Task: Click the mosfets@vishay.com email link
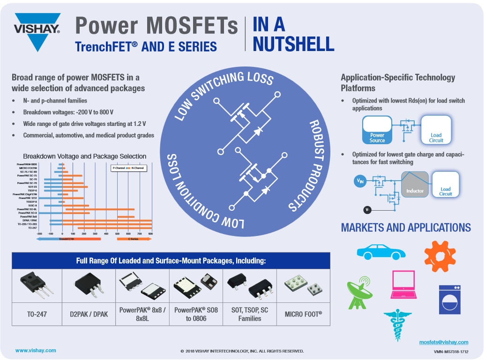tap(443, 342)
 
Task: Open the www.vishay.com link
tap(36, 350)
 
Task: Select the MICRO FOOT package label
tap(303, 314)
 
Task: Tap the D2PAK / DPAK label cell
tap(89, 314)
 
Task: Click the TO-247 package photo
tap(36, 285)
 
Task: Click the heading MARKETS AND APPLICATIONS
tap(406, 228)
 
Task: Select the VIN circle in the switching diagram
tap(359, 180)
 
